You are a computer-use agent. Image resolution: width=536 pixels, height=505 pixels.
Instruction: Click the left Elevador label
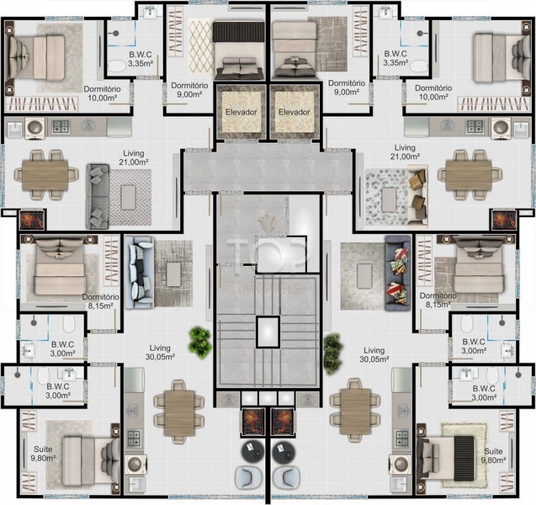point(241,112)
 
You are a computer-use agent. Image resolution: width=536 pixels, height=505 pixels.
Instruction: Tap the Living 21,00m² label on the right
point(405,152)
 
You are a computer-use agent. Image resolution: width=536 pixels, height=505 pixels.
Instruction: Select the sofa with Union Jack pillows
point(397,273)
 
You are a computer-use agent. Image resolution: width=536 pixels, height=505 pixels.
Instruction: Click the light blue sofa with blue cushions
point(139,272)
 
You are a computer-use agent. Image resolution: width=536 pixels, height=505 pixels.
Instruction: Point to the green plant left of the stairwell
point(199,343)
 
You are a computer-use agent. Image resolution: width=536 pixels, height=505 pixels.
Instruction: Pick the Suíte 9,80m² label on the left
point(44,454)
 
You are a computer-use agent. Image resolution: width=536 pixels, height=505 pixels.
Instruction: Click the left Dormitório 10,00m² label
point(102,93)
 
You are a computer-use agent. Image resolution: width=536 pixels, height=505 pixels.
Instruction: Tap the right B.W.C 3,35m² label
point(395,58)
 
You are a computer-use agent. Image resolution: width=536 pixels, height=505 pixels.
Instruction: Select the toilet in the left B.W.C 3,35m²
point(117,66)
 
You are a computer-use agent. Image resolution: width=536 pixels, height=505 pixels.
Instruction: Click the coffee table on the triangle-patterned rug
point(389,200)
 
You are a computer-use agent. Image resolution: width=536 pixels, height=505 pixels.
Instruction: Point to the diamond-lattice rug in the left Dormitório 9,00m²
point(201,47)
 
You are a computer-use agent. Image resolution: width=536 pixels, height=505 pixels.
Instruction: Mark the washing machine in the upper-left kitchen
point(34,128)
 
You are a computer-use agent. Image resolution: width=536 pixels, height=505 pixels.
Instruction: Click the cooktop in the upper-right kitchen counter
point(475,126)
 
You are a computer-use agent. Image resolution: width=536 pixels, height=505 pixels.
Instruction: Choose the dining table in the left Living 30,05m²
point(178,413)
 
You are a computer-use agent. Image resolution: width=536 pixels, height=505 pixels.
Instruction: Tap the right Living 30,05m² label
point(374,354)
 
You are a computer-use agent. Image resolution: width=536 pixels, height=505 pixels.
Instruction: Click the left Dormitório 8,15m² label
point(100,301)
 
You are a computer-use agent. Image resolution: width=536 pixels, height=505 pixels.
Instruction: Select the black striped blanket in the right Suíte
point(464,457)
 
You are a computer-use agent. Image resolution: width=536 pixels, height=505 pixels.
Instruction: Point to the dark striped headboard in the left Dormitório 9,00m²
point(239,31)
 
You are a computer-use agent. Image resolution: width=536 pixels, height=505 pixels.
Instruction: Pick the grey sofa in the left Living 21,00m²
point(98,196)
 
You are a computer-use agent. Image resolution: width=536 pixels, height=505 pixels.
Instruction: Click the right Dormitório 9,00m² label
point(347,88)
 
